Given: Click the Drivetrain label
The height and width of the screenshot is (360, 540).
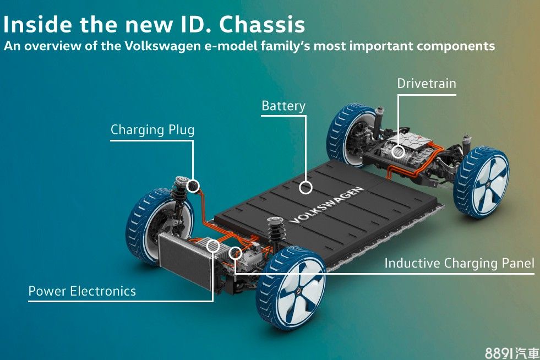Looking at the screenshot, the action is pos(427,83).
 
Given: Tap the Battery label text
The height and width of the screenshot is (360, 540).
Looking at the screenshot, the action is pos(283,106).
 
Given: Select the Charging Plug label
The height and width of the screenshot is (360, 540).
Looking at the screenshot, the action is pos(152,130).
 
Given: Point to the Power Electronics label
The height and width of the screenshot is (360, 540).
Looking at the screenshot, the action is pos(82,291).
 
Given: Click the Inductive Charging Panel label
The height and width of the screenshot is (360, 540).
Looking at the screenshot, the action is pos(459,263).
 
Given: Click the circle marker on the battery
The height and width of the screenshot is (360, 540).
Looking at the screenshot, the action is pos(306,187).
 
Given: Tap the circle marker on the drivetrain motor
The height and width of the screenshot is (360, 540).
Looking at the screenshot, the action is pos(398,151).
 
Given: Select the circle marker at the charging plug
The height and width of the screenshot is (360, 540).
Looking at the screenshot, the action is pos(193,186).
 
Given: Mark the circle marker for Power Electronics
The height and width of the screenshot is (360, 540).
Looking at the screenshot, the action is pos(213,246).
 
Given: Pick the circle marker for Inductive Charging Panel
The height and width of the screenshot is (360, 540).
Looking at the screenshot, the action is pos(235,253).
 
